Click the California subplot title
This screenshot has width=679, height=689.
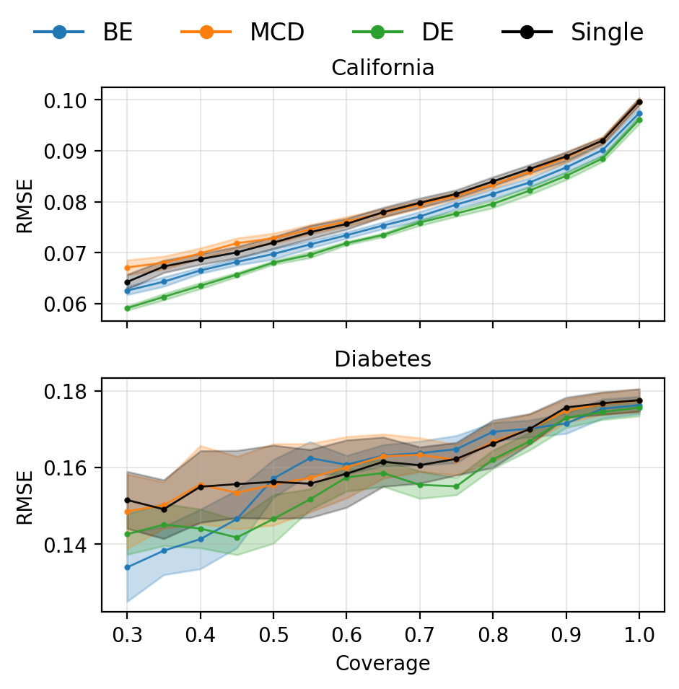click(382, 69)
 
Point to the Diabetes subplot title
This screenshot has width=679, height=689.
click(382, 359)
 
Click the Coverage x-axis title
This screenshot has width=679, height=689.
click(382, 664)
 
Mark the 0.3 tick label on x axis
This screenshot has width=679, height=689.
click(127, 635)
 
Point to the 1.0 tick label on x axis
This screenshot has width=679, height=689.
click(639, 635)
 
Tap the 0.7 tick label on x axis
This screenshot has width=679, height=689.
click(419, 635)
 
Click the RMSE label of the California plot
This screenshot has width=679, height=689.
click(25, 204)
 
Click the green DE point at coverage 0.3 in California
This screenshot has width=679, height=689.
click(128, 308)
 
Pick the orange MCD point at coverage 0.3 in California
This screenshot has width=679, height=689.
click(128, 268)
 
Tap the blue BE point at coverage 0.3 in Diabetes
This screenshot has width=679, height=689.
click(128, 567)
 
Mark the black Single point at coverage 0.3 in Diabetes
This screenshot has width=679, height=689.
click(128, 500)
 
